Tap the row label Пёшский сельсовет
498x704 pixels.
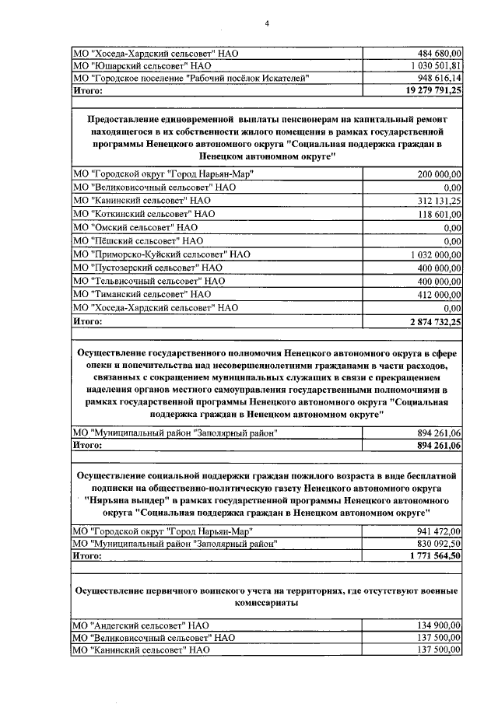point(137,241)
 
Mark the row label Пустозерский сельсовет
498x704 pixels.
point(147,267)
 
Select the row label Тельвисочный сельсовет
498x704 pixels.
point(149,280)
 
